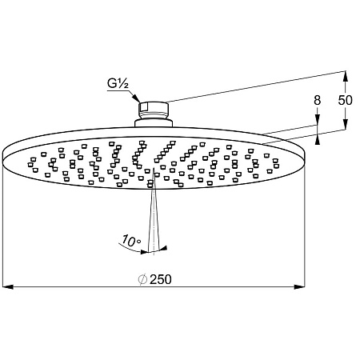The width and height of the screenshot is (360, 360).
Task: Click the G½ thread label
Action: point(118,83)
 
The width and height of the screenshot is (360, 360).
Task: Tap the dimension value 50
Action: point(346,100)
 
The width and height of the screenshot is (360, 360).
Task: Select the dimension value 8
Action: point(317,100)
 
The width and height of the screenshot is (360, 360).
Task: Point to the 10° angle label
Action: point(131,241)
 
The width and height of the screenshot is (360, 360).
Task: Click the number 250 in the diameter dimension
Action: point(161,279)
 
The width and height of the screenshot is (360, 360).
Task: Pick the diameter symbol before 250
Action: point(142,279)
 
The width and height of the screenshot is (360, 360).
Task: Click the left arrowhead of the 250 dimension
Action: point(8,287)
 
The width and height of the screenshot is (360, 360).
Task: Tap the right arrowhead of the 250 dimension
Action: point(299,287)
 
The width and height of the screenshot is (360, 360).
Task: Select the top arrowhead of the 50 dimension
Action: point(346,76)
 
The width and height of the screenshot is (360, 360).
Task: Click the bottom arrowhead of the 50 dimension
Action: point(346,124)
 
